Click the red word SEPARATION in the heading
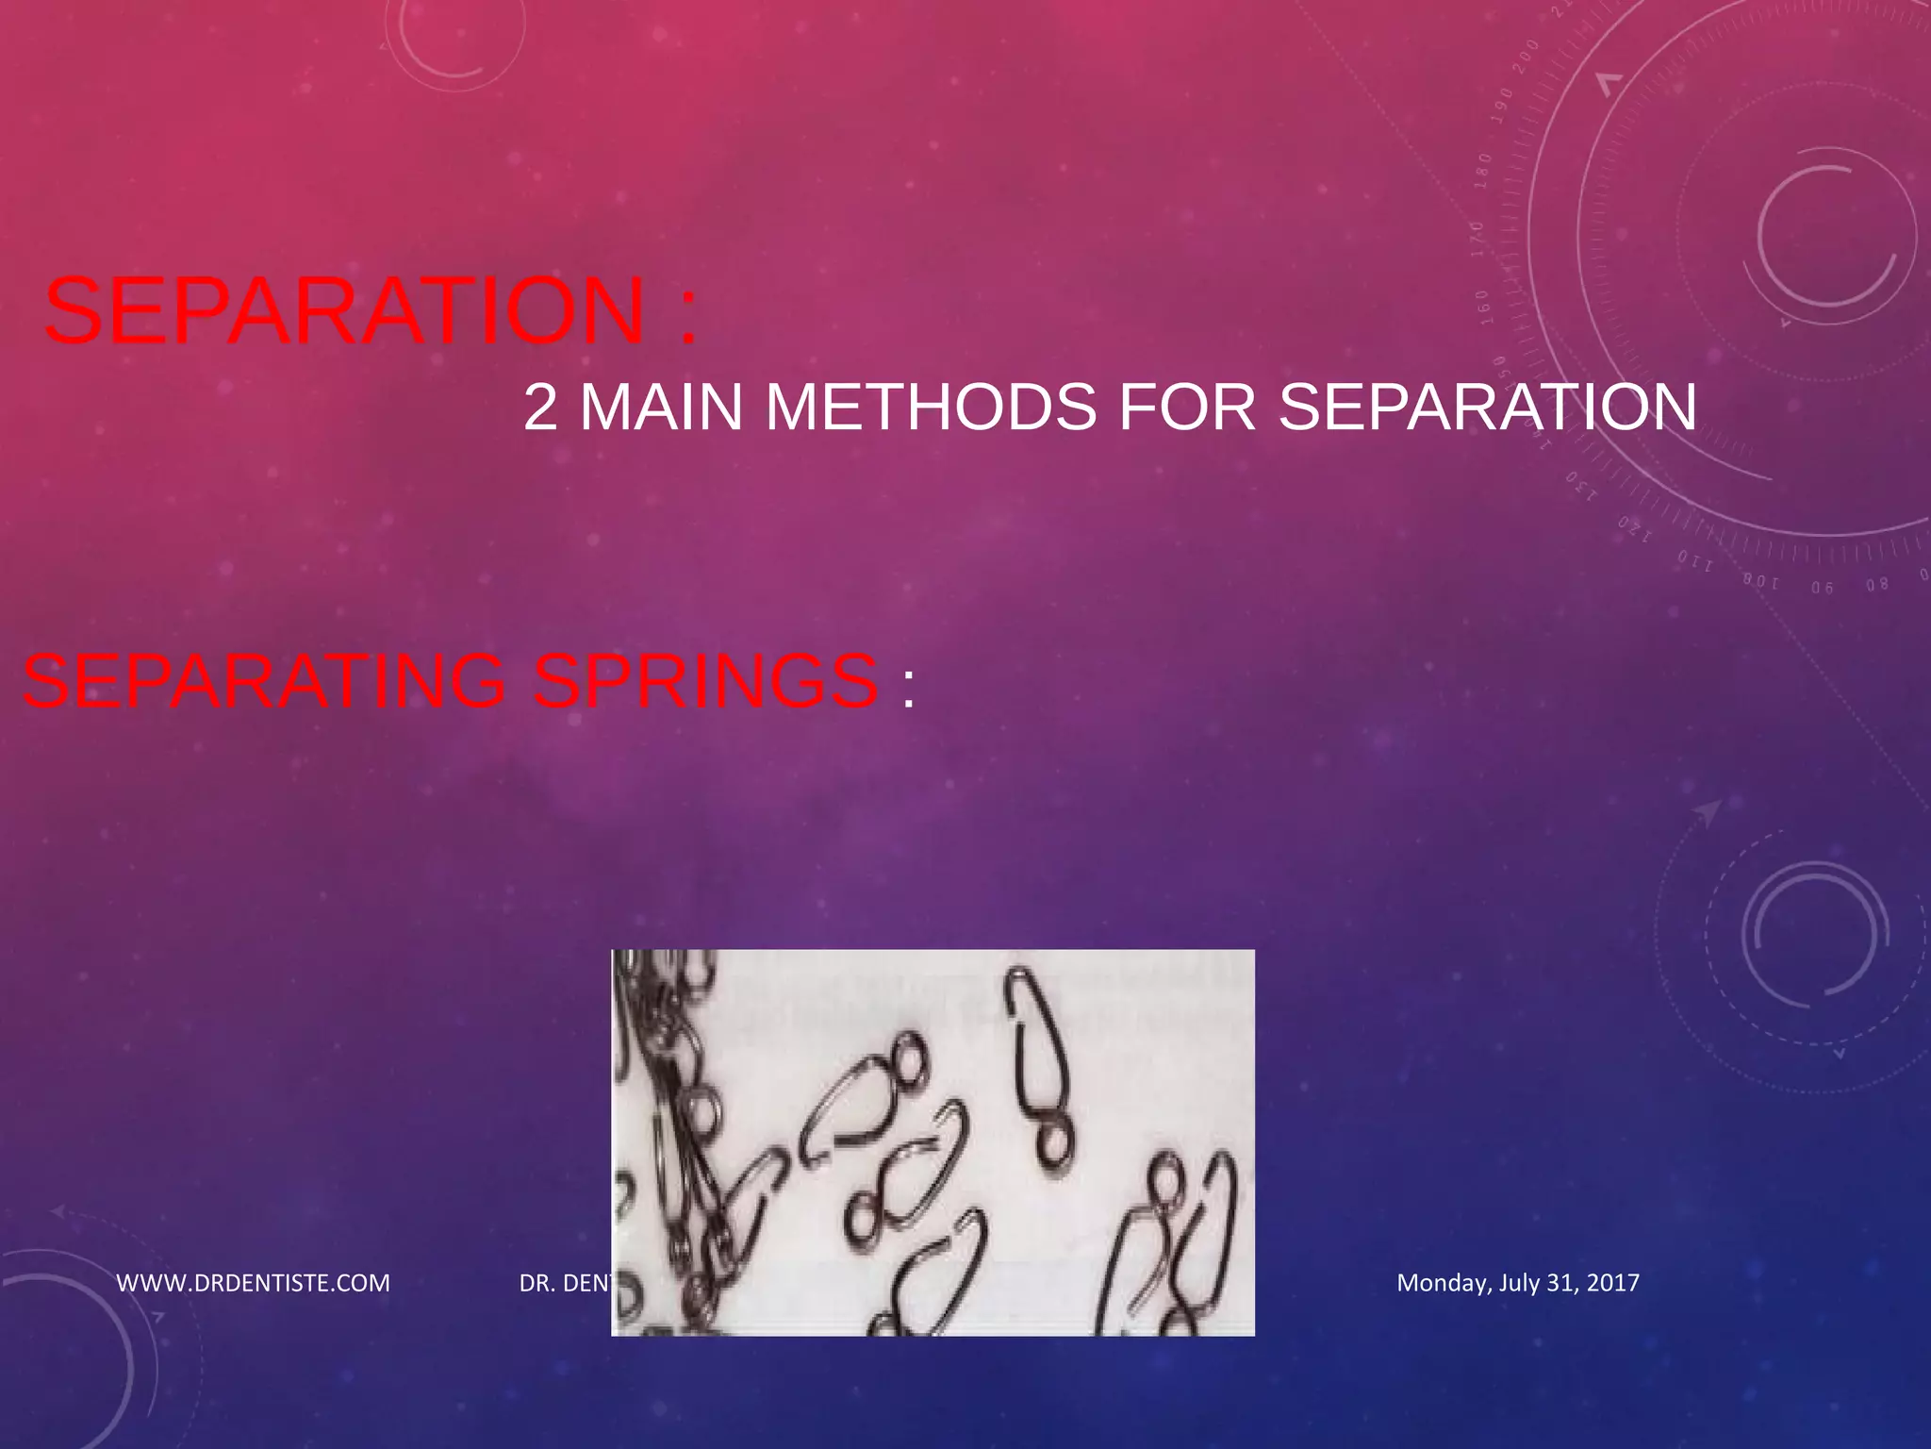click(x=345, y=311)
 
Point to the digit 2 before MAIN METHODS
click(x=540, y=408)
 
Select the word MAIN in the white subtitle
click(x=661, y=408)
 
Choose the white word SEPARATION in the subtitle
click(x=1487, y=408)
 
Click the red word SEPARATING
click(x=264, y=681)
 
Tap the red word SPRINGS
click(x=705, y=681)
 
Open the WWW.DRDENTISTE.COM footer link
click(x=253, y=1283)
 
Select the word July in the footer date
click(x=1518, y=1283)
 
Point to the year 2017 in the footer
click(x=1612, y=1283)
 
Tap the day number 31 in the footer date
click(x=1561, y=1283)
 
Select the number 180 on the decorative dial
click(x=1484, y=171)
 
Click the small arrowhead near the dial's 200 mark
click(x=1609, y=84)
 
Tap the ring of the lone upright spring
click(x=1054, y=1144)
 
